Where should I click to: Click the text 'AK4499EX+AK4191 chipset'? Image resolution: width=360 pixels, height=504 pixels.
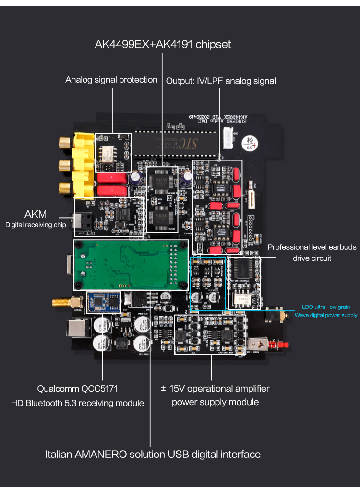pyautogui.click(x=163, y=45)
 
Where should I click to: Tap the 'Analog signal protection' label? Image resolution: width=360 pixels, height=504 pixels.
pyautogui.click(x=111, y=80)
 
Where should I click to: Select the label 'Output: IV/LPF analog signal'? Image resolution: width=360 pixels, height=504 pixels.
pyautogui.click(x=221, y=81)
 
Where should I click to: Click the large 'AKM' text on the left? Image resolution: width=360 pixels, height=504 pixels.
pyautogui.click(x=36, y=214)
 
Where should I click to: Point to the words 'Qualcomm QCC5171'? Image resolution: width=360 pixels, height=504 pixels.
pyautogui.click(x=77, y=388)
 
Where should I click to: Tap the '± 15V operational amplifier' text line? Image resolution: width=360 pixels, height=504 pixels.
pyautogui.click(x=215, y=388)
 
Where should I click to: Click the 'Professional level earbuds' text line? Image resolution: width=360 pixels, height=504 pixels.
pyautogui.click(x=312, y=247)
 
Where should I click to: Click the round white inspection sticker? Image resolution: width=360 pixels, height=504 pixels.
pyautogui.click(x=249, y=143)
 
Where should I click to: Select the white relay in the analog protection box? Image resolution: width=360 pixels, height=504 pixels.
pyautogui.click(x=107, y=153)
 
